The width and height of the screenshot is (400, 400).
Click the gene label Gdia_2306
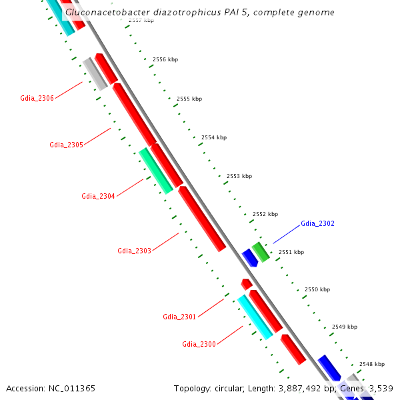click(37, 99)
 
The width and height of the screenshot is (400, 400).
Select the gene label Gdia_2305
click(66, 145)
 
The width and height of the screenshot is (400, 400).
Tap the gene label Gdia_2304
click(98, 196)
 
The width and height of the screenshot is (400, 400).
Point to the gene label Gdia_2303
click(134, 251)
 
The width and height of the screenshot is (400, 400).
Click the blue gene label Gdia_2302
click(317, 223)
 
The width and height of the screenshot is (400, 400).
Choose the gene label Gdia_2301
click(179, 317)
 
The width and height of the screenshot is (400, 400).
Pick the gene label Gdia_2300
click(199, 344)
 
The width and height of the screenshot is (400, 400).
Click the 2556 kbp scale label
click(165, 60)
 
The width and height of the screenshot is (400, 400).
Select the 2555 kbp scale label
click(189, 99)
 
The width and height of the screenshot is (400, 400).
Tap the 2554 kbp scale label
click(214, 138)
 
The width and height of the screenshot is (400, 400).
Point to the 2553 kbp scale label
click(239, 177)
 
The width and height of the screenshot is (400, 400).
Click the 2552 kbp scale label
click(265, 215)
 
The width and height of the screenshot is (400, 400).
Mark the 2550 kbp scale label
click(317, 290)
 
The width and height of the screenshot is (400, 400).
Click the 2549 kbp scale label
click(345, 327)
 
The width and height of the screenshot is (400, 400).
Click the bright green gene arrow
click(261, 251)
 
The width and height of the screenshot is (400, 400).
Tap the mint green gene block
click(155, 171)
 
